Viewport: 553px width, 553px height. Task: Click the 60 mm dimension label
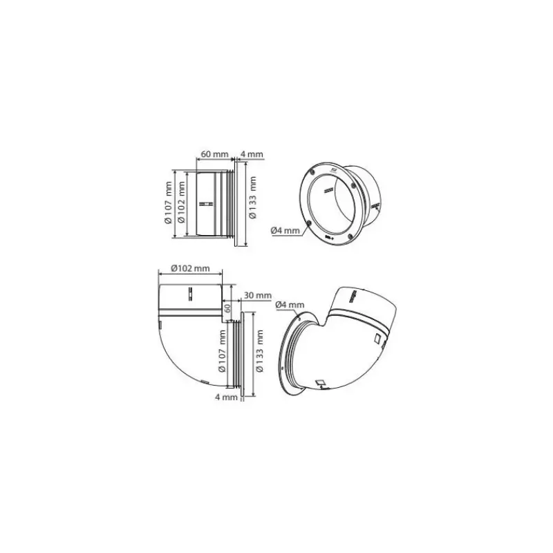214,154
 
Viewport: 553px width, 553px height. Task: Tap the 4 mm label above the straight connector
252,154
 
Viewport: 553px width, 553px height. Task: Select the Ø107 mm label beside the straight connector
169,203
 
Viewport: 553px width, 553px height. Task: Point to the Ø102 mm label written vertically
182,202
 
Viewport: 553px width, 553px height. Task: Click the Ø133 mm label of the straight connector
252,198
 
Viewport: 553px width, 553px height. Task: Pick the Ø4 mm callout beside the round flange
285,231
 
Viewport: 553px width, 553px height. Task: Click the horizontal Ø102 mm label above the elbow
191,268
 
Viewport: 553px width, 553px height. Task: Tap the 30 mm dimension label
258,295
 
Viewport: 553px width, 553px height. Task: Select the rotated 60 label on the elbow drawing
227,308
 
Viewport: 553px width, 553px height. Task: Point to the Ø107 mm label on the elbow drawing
222,351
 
